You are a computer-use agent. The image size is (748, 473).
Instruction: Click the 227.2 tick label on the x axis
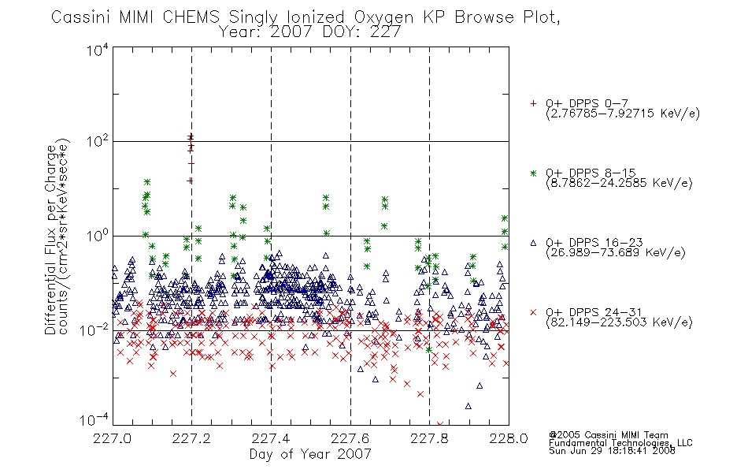tap(191, 438)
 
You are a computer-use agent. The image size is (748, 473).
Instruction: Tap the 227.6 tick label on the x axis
tap(350, 438)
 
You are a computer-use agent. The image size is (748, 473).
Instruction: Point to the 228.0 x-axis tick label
tap(509, 438)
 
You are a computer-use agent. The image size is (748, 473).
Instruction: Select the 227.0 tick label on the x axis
tap(112, 438)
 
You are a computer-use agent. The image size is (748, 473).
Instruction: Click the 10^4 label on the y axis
tap(98, 50)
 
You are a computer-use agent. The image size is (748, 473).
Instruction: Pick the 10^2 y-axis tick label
tap(98, 142)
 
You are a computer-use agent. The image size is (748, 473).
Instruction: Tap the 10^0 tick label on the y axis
tap(98, 236)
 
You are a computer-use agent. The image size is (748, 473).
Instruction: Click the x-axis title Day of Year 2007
tap(310, 454)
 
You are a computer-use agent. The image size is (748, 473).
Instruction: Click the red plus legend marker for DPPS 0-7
tap(533, 103)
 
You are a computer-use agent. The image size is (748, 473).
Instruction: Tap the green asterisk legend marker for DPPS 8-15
tap(533, 173)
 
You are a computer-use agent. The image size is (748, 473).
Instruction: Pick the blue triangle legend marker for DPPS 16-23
tap(533, 243)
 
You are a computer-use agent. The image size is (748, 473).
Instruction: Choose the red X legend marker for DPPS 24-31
tap(533, 312)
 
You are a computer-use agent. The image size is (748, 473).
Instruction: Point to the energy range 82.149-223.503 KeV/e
tap(619, 322)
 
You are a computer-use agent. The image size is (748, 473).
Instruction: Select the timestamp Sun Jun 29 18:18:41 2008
tap(612, 451)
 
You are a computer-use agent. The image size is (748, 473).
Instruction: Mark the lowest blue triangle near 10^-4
tap(468, 406)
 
